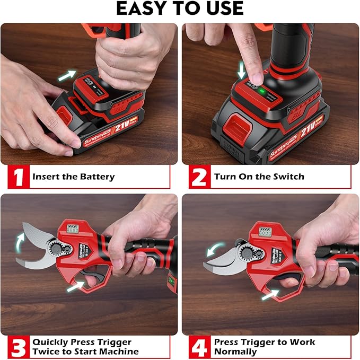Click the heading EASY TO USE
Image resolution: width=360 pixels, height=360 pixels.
pyautogui.click(x=180, y=9)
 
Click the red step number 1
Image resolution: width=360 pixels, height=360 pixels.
pyautogui.click(x=19, y=177)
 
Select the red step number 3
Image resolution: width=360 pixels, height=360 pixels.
pyautogui.click(x=19, y=346)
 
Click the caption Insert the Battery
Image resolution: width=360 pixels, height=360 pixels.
pyautogui.click(x=73, y=177)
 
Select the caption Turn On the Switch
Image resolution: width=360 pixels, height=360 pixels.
pyautogui.click(x=259, y=177)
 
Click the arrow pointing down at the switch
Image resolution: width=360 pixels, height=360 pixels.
pyautogui.click(x=242, y=71)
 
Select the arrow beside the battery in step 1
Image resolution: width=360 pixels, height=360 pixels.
pyautogui.click(x=66, y=76)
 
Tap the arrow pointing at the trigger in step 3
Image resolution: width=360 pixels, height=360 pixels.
pyautogui.click(x=75, y=287)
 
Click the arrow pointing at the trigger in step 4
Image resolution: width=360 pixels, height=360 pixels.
pyautogui.click(x=271, y=293)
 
